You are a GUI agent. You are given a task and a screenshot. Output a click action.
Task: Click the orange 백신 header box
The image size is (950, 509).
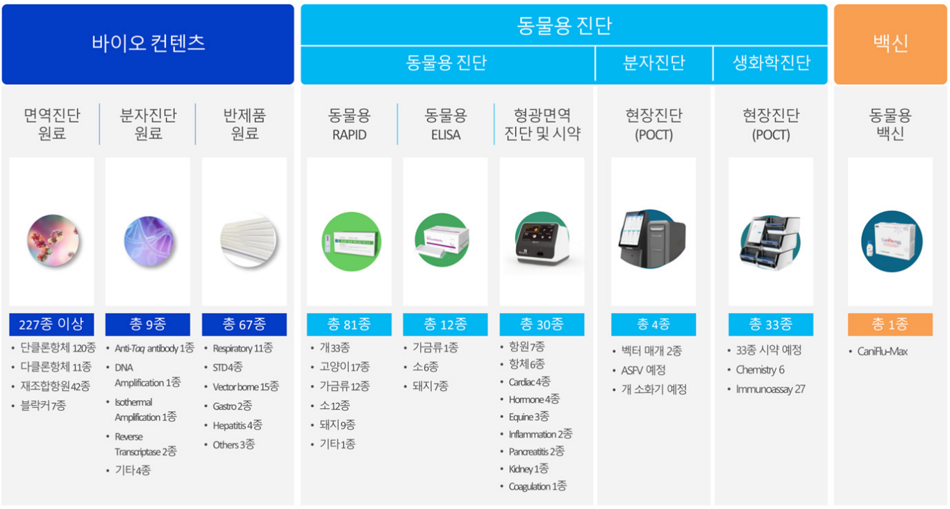(890, 44)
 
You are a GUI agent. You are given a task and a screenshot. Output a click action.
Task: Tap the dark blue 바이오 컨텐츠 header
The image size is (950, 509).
(148, 44)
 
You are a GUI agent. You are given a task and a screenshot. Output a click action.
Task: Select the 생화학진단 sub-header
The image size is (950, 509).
(771, 62)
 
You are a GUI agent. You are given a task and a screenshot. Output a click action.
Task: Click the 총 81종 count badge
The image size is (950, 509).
(349, 324)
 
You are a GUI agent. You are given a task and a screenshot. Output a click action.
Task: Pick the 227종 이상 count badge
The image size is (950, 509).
(51, 324)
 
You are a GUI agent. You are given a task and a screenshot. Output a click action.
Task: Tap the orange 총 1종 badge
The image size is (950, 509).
(890, 324)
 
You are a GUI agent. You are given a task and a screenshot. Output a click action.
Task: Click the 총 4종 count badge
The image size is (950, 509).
(653, 324)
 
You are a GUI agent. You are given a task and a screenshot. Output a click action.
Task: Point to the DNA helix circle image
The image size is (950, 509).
(149, 241)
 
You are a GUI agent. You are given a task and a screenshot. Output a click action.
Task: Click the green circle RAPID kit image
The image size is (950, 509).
(351, 242)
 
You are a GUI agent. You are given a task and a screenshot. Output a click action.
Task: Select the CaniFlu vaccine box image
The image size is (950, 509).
(892, 242)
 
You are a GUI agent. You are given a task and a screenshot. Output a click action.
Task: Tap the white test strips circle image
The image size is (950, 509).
(249, 240)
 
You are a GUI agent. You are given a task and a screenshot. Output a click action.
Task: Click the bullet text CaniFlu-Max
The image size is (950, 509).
(882, 351)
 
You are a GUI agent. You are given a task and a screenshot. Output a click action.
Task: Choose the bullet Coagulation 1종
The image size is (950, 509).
(537, 486)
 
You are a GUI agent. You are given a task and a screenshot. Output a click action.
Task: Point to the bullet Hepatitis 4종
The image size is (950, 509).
(237, 426)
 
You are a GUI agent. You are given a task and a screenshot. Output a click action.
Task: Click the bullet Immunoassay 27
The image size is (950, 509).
(770, 389)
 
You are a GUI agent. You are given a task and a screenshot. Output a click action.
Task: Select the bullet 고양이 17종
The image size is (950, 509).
(344, 367)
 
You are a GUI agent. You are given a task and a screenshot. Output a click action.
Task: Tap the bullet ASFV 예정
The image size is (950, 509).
(643, 370)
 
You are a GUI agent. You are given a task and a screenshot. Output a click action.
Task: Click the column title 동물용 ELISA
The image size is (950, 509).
(445, 124)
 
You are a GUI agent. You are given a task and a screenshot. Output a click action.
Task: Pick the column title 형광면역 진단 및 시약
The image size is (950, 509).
(542, 124)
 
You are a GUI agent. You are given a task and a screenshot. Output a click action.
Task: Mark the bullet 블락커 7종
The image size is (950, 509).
(43, 406)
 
